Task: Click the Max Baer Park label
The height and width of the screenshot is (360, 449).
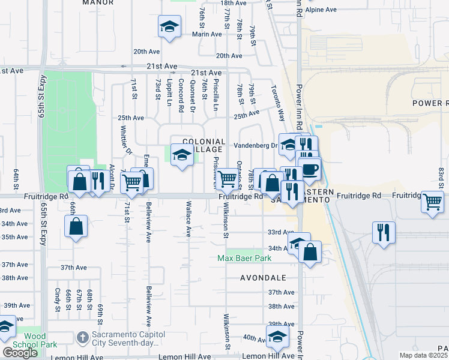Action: point(244,258)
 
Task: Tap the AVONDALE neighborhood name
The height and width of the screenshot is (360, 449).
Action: point(265,278)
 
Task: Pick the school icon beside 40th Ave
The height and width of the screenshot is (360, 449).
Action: point(277,337)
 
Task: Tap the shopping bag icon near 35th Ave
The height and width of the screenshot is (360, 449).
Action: point(76,226)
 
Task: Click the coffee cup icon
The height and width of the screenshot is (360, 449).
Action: point(309,169)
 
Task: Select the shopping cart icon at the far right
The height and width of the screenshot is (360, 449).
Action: point(432,202)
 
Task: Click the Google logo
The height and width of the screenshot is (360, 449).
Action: point(20,353)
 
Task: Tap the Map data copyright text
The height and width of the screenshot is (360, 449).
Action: point(423,355)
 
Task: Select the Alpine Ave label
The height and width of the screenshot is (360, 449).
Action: point(321,10)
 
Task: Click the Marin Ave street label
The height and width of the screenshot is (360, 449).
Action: point(190,34)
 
